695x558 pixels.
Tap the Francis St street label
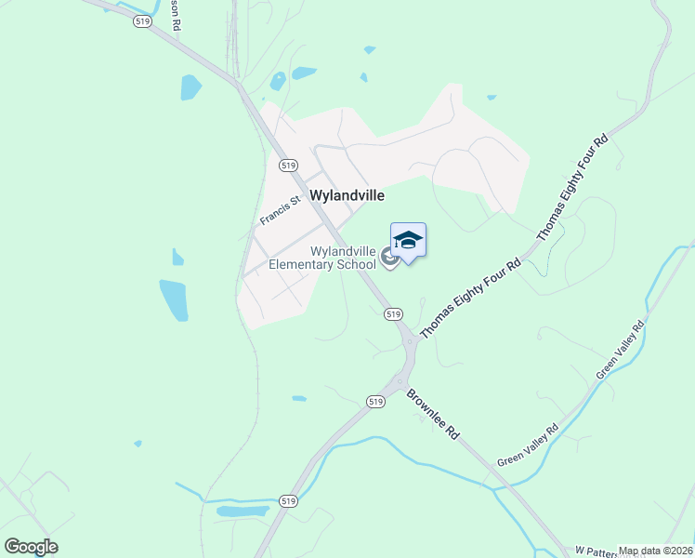pyautogui.click(x=281, y=209)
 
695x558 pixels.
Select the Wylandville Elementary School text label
pyautogui.click(x=322, y=258)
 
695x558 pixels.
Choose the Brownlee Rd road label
pyautogui.click(x=433, y=414)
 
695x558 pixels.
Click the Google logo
pyautogui.click(x=31, y=547)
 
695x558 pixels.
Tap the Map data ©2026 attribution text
pyautogui.click(x=656, y=551)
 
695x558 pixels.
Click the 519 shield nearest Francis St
pyautogui.click(x=287, y=165)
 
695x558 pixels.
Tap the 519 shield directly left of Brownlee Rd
pyautogui.click(x=375, y=402)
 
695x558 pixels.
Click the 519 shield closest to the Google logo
pyautogui.click(x=288, y=500)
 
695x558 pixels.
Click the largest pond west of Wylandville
pyautogui.click(x=174, y=299)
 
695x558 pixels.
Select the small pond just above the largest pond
pyautogui.click(x=177, y=257)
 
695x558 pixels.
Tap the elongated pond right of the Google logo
pyautogui.click(x=243, y=511)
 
